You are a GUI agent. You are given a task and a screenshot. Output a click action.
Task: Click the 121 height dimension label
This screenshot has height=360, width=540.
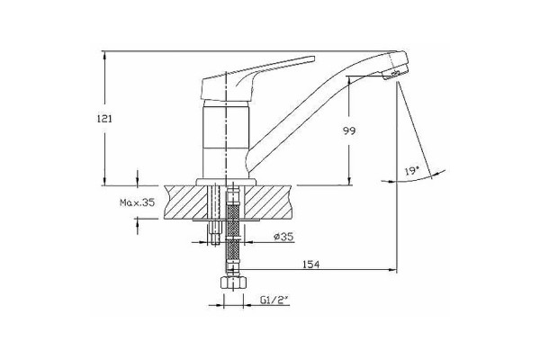click(104, 119)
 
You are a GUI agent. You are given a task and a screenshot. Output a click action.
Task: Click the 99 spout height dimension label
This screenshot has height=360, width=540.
click(349, 130)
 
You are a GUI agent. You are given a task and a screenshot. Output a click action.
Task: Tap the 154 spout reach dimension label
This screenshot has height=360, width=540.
click(311, 265)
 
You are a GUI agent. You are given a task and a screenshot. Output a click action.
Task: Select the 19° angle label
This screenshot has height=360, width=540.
click(412, 171)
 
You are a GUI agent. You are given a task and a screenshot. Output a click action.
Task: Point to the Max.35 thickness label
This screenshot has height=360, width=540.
click(137, 202)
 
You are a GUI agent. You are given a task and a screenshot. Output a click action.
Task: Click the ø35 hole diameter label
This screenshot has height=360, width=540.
click(283, 237)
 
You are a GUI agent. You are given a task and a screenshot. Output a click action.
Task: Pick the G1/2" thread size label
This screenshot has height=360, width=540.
click(274, 301)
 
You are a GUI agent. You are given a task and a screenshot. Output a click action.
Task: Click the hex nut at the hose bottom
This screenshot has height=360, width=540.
click(233, 282)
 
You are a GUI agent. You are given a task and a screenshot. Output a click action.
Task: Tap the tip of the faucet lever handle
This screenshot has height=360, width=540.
click(314, 58)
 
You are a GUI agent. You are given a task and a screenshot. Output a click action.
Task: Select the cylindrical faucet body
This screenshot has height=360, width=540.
click(226, 139)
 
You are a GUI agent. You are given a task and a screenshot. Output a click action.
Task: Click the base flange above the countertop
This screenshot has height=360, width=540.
click(226, 182)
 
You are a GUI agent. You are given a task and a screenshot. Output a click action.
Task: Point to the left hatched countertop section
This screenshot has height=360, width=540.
click(186, 202)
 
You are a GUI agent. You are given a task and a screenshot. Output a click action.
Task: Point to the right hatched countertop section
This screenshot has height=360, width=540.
click(268, 202)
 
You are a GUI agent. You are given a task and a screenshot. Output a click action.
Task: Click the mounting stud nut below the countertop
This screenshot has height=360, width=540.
click(215, 232)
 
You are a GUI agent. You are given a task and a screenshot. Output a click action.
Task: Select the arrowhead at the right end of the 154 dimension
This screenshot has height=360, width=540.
click(392, 270)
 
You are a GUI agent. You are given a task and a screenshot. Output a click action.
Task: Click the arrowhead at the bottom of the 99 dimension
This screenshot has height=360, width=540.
click(349, 181)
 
